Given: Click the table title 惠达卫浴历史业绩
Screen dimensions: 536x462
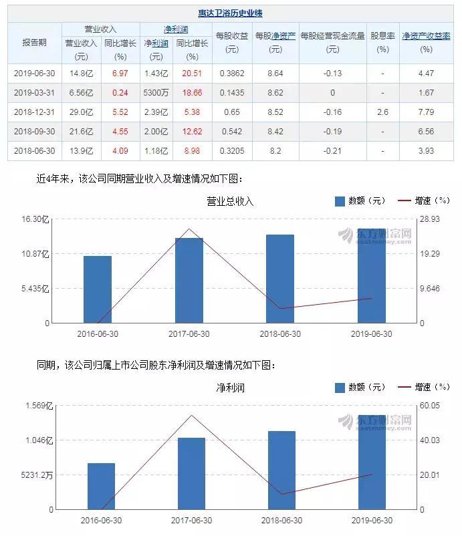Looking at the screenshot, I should (230, 13).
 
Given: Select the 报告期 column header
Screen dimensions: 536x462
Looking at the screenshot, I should (34, 41).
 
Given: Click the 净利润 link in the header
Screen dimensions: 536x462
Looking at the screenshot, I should (175, 29).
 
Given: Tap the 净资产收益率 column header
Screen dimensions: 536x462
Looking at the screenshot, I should (426, 36).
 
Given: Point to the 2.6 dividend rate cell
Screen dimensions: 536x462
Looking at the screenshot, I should (382, 112).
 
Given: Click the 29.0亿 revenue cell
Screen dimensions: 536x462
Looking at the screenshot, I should (81, 112).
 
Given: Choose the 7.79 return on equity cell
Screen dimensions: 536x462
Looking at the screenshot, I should (426, 112).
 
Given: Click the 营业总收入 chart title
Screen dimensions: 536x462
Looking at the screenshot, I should (230, 201).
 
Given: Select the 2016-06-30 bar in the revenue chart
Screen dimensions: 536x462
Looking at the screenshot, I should (98, 289).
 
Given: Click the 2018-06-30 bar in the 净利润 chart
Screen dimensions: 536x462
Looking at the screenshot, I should (281, 470).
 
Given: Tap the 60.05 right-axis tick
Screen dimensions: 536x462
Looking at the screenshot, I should (429, 406).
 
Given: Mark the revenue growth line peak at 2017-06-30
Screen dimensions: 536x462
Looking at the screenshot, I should (189, 229).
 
